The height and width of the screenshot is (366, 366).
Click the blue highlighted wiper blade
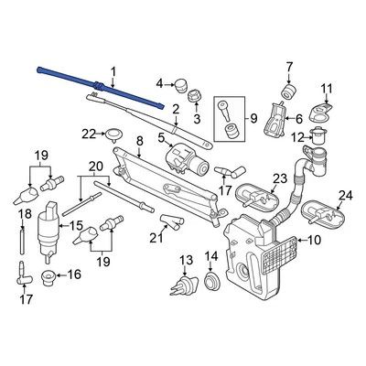[x=101, y=88]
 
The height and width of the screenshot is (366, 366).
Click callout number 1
[x=114, y=71]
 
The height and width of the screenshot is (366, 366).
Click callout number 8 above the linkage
[x=139, y=141]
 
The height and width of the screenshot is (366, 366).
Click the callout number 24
[x=345, y=195]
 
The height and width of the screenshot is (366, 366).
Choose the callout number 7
[x=290, y=66]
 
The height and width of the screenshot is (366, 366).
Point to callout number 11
[x=324, y=88]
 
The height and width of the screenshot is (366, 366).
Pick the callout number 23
[x=280, y=178]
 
